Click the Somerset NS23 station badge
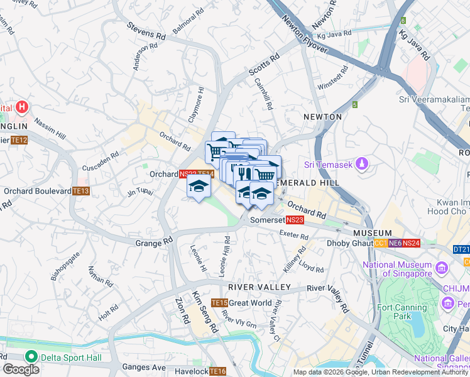tap(295, 220)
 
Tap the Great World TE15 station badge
tap(219, 303)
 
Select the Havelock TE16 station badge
tap(217, 371)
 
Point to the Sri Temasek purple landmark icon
tap(361, 165)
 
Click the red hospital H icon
tap(23, 107)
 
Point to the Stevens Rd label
tap(145, 31)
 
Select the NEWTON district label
tap(322, 117)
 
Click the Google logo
tap(21, 369)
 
